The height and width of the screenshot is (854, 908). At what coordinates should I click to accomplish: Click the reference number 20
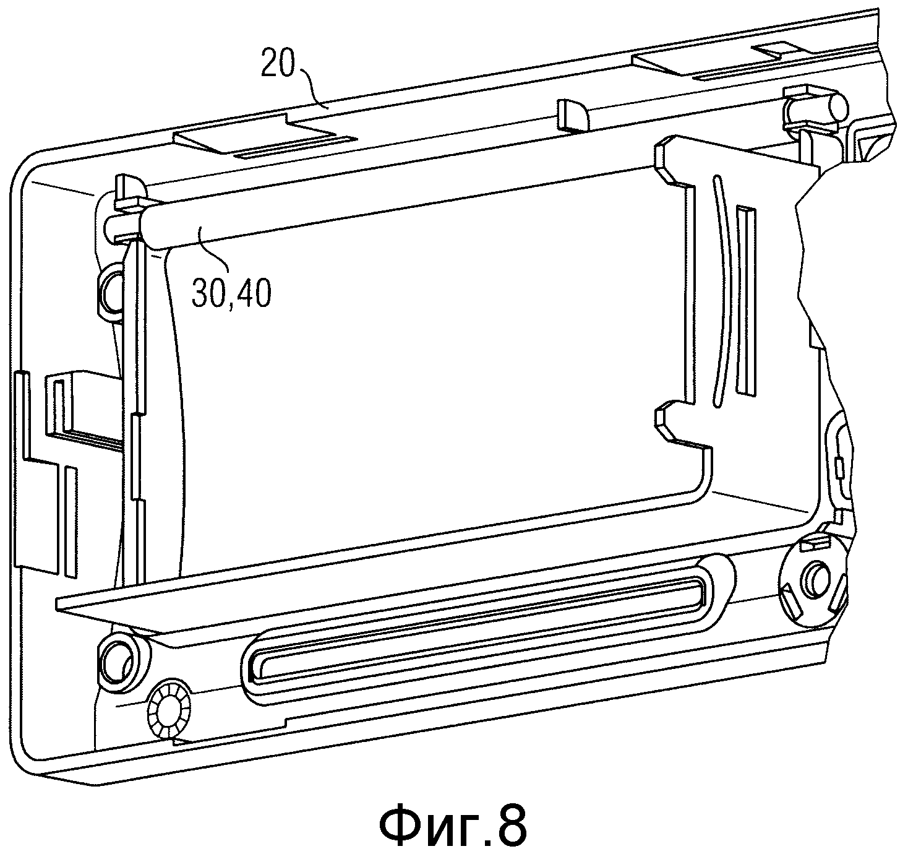[x=278, y=65]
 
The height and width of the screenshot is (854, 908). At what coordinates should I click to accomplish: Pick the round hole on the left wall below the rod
[x=109, y=291]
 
